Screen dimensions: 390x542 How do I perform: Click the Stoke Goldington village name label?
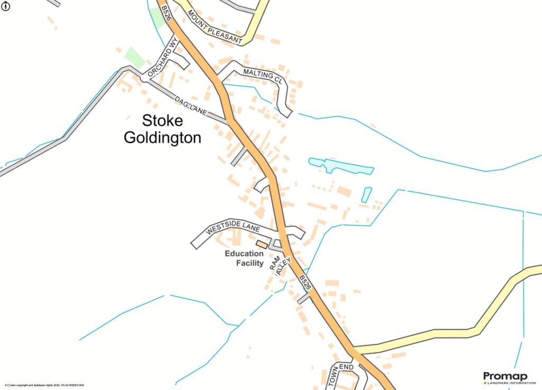point(162,129)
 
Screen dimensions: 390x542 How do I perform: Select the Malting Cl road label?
point(262,76)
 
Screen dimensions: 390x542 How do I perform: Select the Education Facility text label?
point(244,258)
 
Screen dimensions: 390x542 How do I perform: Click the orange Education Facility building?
point(261,244)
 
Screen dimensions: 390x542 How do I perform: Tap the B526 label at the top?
point(166,13)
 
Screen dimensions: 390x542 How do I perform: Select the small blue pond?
point(366,194)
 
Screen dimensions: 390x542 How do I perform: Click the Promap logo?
point(505,376)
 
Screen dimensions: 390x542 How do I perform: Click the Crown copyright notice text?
point(44,385)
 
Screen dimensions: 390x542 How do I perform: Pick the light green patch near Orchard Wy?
point(134,57)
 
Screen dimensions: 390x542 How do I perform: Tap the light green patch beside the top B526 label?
point(157,17)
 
